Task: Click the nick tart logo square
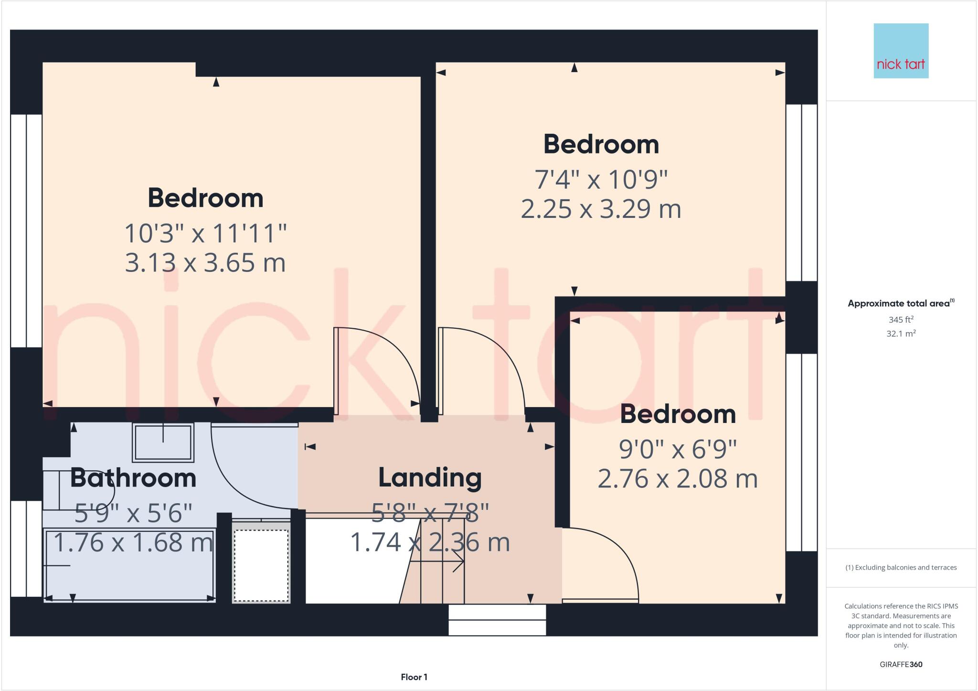[901, 51]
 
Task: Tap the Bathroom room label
[133, 478]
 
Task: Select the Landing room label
[430, 477]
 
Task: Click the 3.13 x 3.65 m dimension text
[205, 263]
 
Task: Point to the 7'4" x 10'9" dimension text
[601, 180]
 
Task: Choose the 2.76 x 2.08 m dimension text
[678, 479]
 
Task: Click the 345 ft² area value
[901, 320]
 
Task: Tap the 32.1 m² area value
[901, 334]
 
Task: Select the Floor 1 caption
[414, 677]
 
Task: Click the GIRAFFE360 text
[901, 664]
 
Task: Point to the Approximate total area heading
[901, 303]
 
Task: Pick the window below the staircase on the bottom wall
[497, 620]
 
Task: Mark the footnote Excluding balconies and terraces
[901, 568]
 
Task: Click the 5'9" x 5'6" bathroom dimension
[133, 513]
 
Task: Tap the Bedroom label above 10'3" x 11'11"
[205, 198]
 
